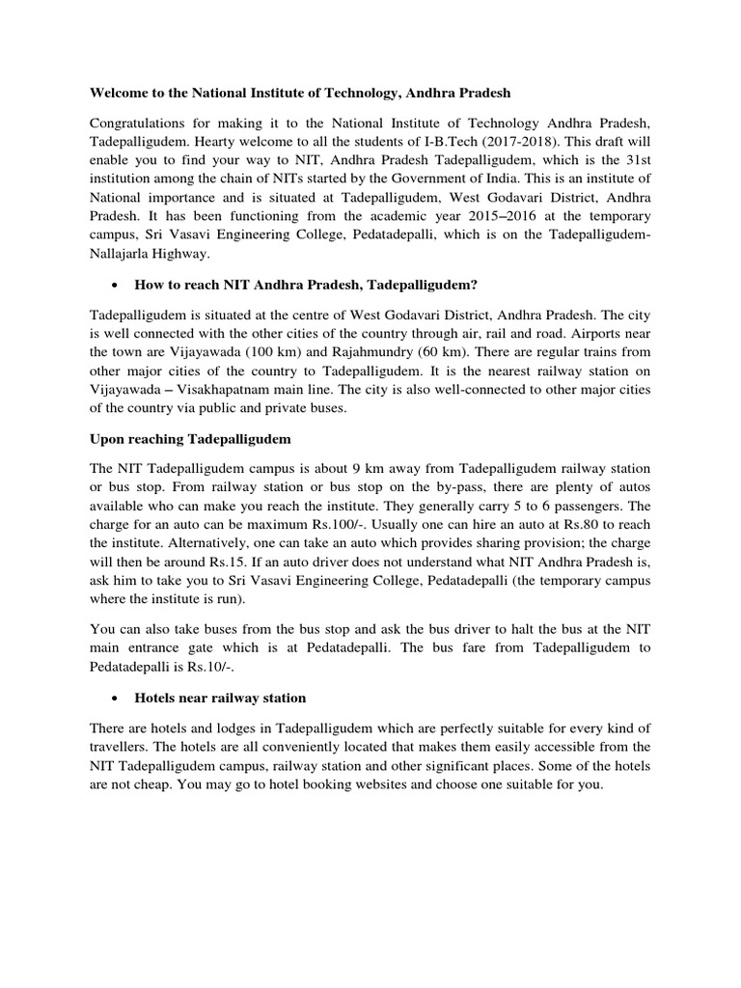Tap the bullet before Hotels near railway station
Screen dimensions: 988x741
click(116, 698)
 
